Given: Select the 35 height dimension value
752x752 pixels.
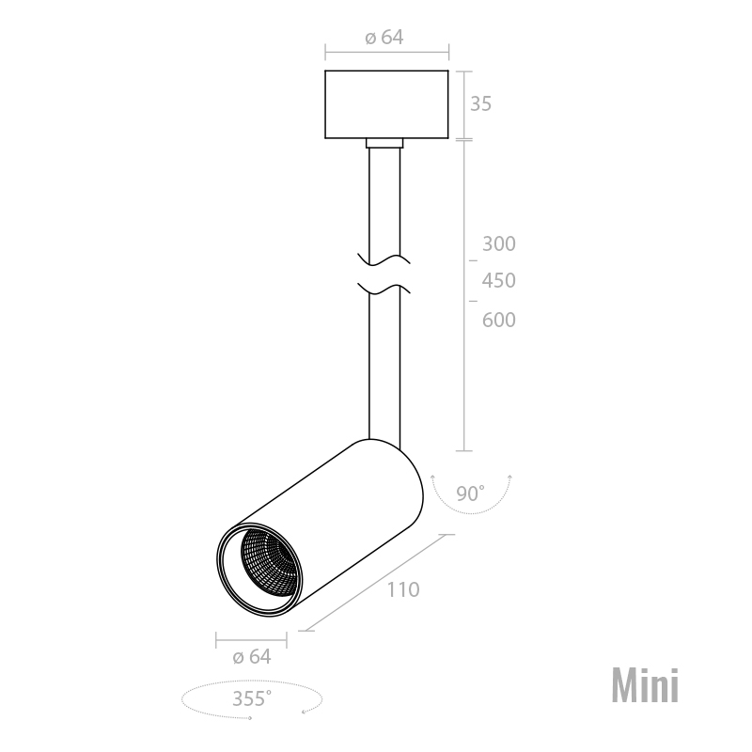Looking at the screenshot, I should [480, 103].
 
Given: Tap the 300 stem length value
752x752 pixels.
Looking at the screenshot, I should [498, 244].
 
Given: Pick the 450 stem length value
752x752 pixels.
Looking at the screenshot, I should [498, 281].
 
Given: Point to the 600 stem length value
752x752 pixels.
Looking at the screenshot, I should [498, 320].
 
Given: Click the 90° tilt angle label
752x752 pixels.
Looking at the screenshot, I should [470, 493].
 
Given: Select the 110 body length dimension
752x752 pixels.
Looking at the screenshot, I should [402, 590].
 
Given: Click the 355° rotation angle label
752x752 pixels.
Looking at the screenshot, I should [251, 698].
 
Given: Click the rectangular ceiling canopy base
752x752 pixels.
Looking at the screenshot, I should [385, 104].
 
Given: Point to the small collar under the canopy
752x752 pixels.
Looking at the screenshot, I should [385, 144].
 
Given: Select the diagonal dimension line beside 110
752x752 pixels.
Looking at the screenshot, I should [376, 583].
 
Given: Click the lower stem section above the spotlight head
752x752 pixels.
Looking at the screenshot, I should [385, 376].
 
